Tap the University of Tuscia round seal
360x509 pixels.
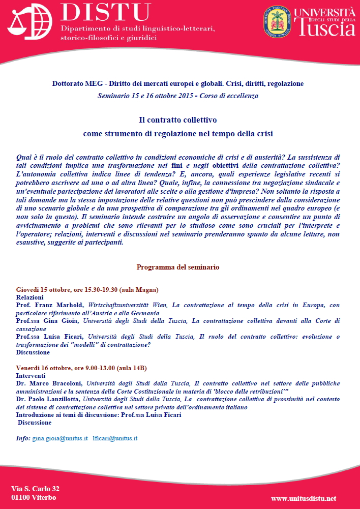tap(278, 22)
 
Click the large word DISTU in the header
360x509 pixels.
tap(106, 13)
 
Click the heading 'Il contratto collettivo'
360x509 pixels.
tap(178, 121)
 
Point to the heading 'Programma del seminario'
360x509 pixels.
tap(178, 267)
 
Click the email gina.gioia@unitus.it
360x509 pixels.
tap(59, 438)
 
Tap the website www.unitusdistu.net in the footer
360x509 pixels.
tap(304, 499)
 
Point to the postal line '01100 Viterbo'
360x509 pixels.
tap(34, 497)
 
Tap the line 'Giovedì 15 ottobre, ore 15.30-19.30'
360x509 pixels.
tap(67, 289)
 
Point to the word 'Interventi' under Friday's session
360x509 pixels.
tap(31, 375)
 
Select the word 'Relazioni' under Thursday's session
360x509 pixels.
tap(30, 297)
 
